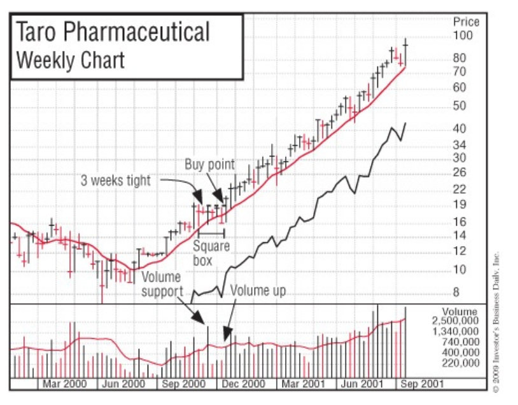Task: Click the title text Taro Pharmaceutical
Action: (x=112, y=32)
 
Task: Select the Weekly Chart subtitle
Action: (x=70, y=61)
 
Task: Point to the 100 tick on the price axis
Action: (x=463, y=36)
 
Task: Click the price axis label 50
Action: (x=459, y=106)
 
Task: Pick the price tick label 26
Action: (x=459, y=172)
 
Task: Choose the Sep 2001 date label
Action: (x=417, y=384)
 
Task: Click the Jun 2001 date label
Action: (x=360, y=384)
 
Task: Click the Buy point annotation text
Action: (x=209, y=165)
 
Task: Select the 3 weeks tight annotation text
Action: (x=115, y=181)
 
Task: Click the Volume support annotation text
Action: (x=161, y=284)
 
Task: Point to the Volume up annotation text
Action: (x=258, y=291)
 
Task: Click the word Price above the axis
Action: (x=466, y=22)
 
